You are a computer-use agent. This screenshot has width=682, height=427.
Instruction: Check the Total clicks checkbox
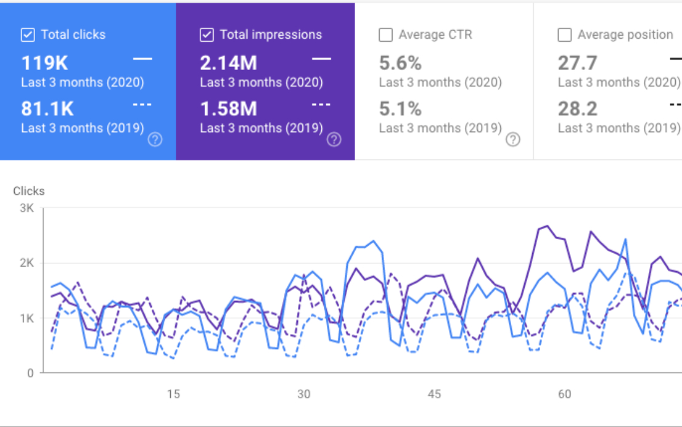[x=28, y=35]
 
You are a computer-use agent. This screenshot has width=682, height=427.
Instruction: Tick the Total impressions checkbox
[x=206, y=35]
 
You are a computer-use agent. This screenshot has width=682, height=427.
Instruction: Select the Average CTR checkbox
[x=385, y=35]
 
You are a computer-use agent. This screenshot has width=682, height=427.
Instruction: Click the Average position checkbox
[x=565, y=35]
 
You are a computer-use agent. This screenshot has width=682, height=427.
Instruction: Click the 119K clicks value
[x=44, y=63]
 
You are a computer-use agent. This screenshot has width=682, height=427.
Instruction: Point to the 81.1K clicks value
[x=47, y=109]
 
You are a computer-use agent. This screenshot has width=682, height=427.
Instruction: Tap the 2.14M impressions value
[x=229, y=63]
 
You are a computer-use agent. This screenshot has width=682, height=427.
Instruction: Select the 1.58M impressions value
[x=229, y=109]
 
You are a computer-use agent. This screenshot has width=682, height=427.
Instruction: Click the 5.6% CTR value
[x=400, y=63]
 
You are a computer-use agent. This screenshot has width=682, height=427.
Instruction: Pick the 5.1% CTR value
[x=400, y=109]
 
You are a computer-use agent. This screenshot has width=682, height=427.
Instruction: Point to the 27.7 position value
[x=578, y=63]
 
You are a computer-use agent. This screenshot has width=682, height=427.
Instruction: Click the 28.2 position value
[x=578, y=109]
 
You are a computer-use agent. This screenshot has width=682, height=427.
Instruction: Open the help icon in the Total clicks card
[x=155, y=139]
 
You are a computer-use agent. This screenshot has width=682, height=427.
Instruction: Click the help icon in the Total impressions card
[x=334, y=139]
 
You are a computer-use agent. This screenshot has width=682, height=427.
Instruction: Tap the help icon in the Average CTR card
[x=513, y=139]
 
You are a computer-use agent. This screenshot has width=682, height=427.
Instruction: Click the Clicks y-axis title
[x=29, y=191]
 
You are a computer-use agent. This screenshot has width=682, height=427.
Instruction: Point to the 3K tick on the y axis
[x=27, y=208]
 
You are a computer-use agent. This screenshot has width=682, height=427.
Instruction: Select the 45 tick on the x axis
[x=434, y=394]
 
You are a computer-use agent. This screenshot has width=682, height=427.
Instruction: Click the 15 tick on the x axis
[x=173, y=394]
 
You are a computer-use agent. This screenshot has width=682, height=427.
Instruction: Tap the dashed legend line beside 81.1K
[x=142, y=104]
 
